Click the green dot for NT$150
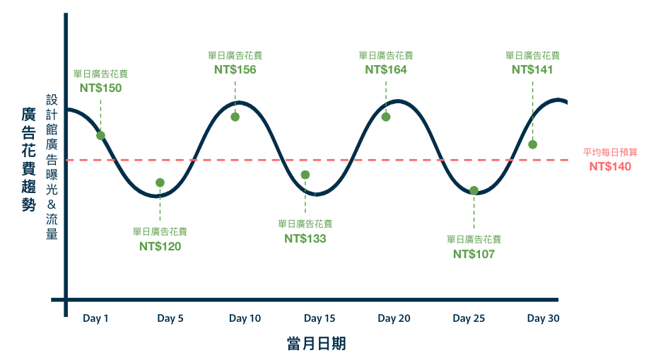pos(100,136)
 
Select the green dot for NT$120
pos(160,182)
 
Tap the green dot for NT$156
pos(235,117)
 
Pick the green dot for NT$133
pos(305,175)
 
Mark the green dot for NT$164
pos(386,117)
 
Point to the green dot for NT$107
pos(474,190)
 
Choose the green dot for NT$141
pos(532,144)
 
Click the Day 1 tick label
pos(95,318)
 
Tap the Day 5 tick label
pos(170,318)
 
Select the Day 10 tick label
pos(245,318)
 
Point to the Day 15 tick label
pos(320,318)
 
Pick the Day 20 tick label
pos(394,318)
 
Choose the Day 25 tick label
pos(469,318)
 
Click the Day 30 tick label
pos(543,318)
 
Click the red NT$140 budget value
pos(610,167)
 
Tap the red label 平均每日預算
pos(610,152)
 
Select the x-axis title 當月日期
pos(316,344)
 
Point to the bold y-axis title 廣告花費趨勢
pos(28,159)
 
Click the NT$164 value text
pos(386,69)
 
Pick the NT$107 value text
pos(474,254)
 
